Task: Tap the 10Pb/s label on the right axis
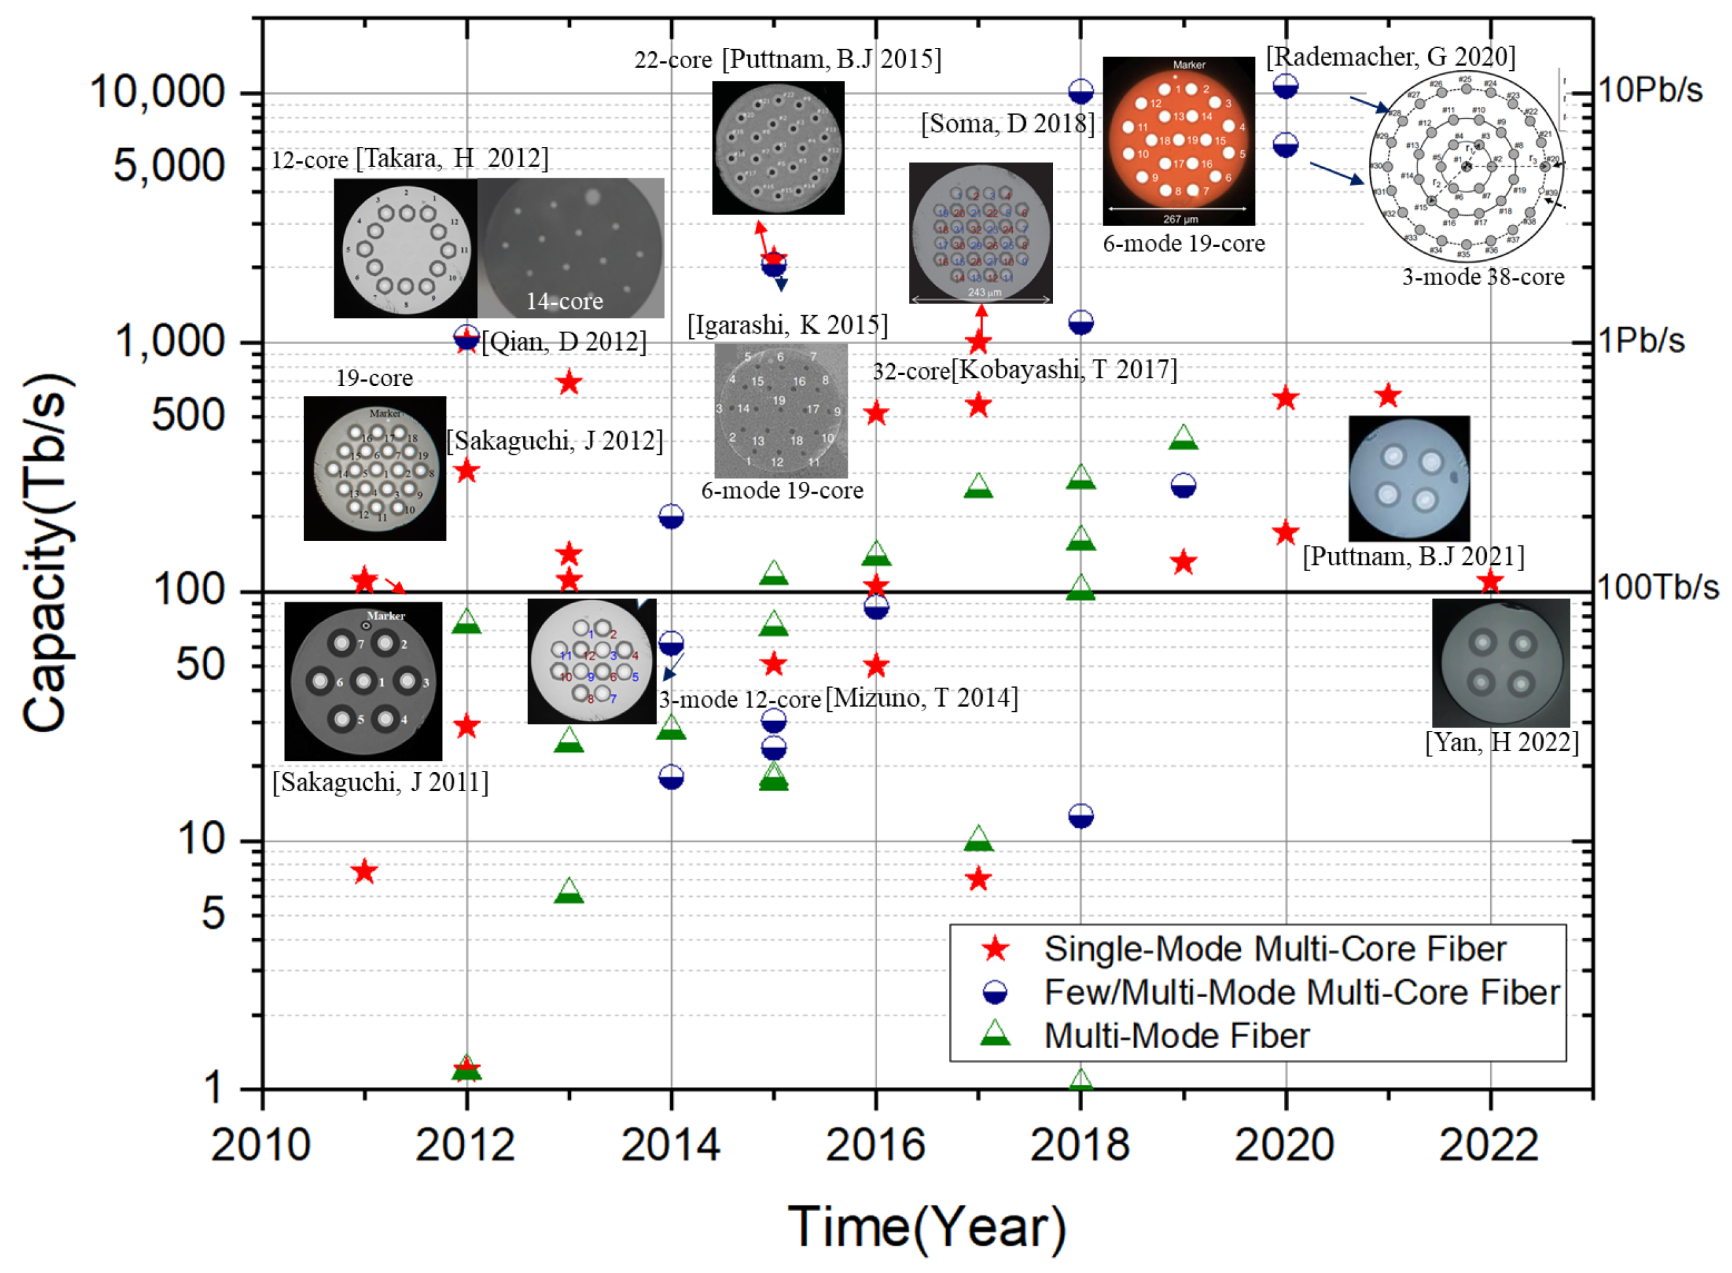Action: [x=1649, y=91]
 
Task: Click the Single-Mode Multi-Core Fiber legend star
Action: [x=994, y=949]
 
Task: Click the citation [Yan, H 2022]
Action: [x=1501, y=742]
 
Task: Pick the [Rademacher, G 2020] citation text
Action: [x=1390, y=57]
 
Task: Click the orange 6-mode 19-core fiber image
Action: [x=1178, y=140]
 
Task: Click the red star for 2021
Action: [x=1388, y=396]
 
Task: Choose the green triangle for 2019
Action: [x=1183, y=437]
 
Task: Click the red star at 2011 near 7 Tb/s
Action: [x=364, y=872]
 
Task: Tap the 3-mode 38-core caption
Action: [x=1482, y=277]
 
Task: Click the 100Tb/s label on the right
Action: [x=1657, y=588]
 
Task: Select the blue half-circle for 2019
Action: [x=1183, y=486]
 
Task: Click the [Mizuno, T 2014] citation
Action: [x=922, y=698]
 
